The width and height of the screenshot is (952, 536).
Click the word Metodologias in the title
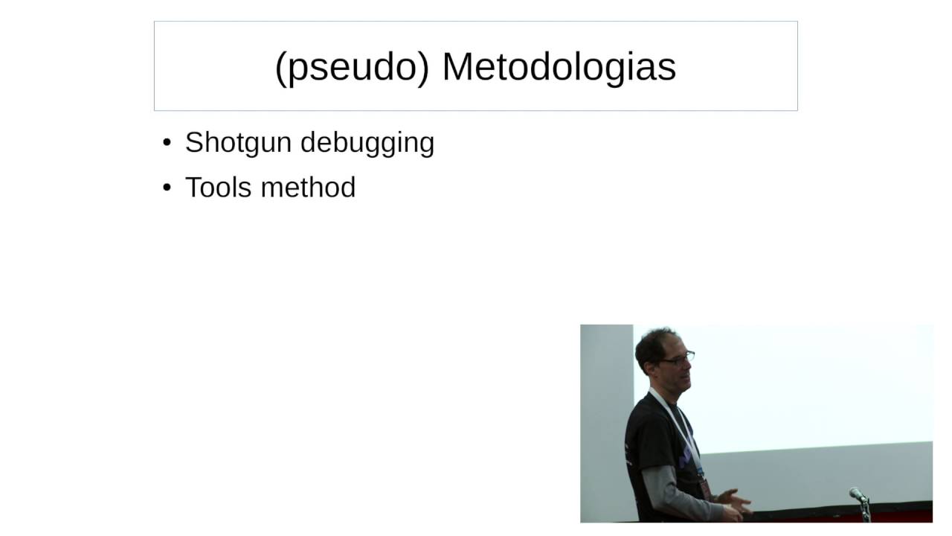click(x=559, y=66)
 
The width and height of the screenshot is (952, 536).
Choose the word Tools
click(x=219, y=187)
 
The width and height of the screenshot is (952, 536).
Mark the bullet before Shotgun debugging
click(x=167, y=142)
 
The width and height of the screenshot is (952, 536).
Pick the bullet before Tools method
click(x=167, y=188)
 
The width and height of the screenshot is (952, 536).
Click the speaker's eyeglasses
click(x=677, y=359)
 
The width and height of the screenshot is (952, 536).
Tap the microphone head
click(x=857, y=494)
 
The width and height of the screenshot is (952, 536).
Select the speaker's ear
click(x=652, y=362)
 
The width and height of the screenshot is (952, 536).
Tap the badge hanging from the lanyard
click(x=704, y=488)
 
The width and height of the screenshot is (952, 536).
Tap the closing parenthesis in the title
click(x=424, y=67)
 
